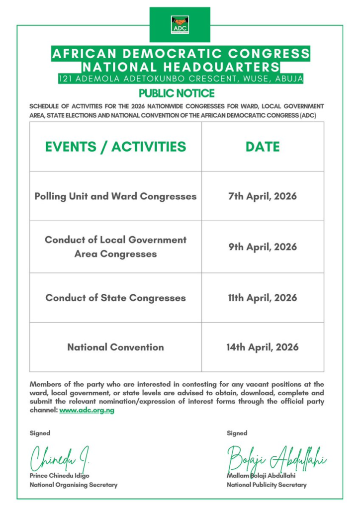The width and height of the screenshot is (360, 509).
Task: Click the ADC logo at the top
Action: [180, 24]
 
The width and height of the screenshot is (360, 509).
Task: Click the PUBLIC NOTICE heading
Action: [177, 93]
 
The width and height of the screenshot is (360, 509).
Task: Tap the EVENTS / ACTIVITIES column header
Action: [115, 147]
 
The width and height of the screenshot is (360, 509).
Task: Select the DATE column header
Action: [263, 147]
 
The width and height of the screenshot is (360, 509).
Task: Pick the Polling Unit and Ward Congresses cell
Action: [115, 196]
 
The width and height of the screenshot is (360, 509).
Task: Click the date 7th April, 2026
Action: [263, 196]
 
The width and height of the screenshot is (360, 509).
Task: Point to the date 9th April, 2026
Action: [263, 247]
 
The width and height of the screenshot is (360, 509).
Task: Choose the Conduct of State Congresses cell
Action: [115, 298]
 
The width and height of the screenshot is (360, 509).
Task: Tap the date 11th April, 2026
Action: [263, 298]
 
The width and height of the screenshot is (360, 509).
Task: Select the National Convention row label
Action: [115, 347]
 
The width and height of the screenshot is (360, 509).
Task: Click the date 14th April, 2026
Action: [263, 347]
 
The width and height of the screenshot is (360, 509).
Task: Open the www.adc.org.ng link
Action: [87, 410]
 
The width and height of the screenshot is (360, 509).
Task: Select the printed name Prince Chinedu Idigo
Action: [60, 475]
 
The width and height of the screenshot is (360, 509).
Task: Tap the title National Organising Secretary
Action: [74, 485]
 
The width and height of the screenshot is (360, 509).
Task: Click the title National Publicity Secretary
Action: [267, 485]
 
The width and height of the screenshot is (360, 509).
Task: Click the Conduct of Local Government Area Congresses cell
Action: [115, 247]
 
